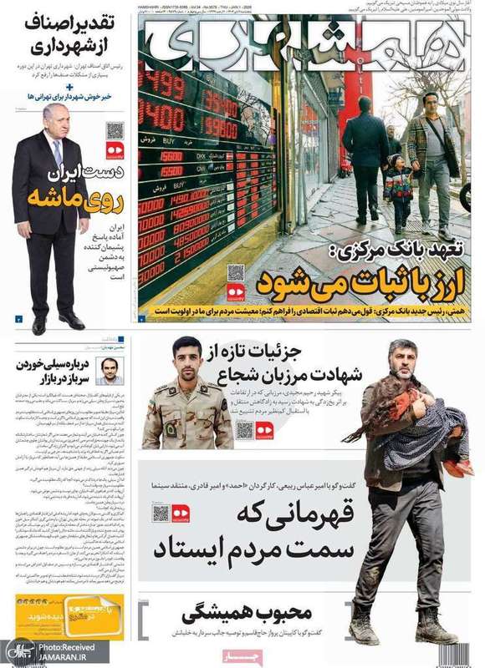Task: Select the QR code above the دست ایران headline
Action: (114, 131)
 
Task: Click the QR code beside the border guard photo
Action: (244, 429)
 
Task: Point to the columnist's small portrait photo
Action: (110, 371)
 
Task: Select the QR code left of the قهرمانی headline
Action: (161, 513)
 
